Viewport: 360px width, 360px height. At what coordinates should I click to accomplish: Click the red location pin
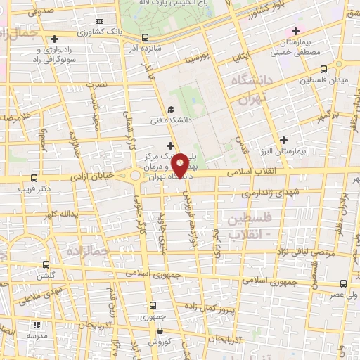pos(180,165)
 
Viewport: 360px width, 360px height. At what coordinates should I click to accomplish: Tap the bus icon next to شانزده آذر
pos(145,37)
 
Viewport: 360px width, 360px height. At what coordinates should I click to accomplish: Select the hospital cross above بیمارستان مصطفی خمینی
pos(296,31)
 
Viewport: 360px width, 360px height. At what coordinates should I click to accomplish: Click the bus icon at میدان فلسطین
pos(323,70)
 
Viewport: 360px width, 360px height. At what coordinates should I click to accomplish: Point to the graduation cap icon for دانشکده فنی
pos(171,109)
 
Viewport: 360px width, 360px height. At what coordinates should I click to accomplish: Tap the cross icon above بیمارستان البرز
pos(283,139)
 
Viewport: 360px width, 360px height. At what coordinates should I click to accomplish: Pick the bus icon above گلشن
pos(46,265)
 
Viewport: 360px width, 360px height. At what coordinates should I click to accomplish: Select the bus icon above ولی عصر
pos(343,283)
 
